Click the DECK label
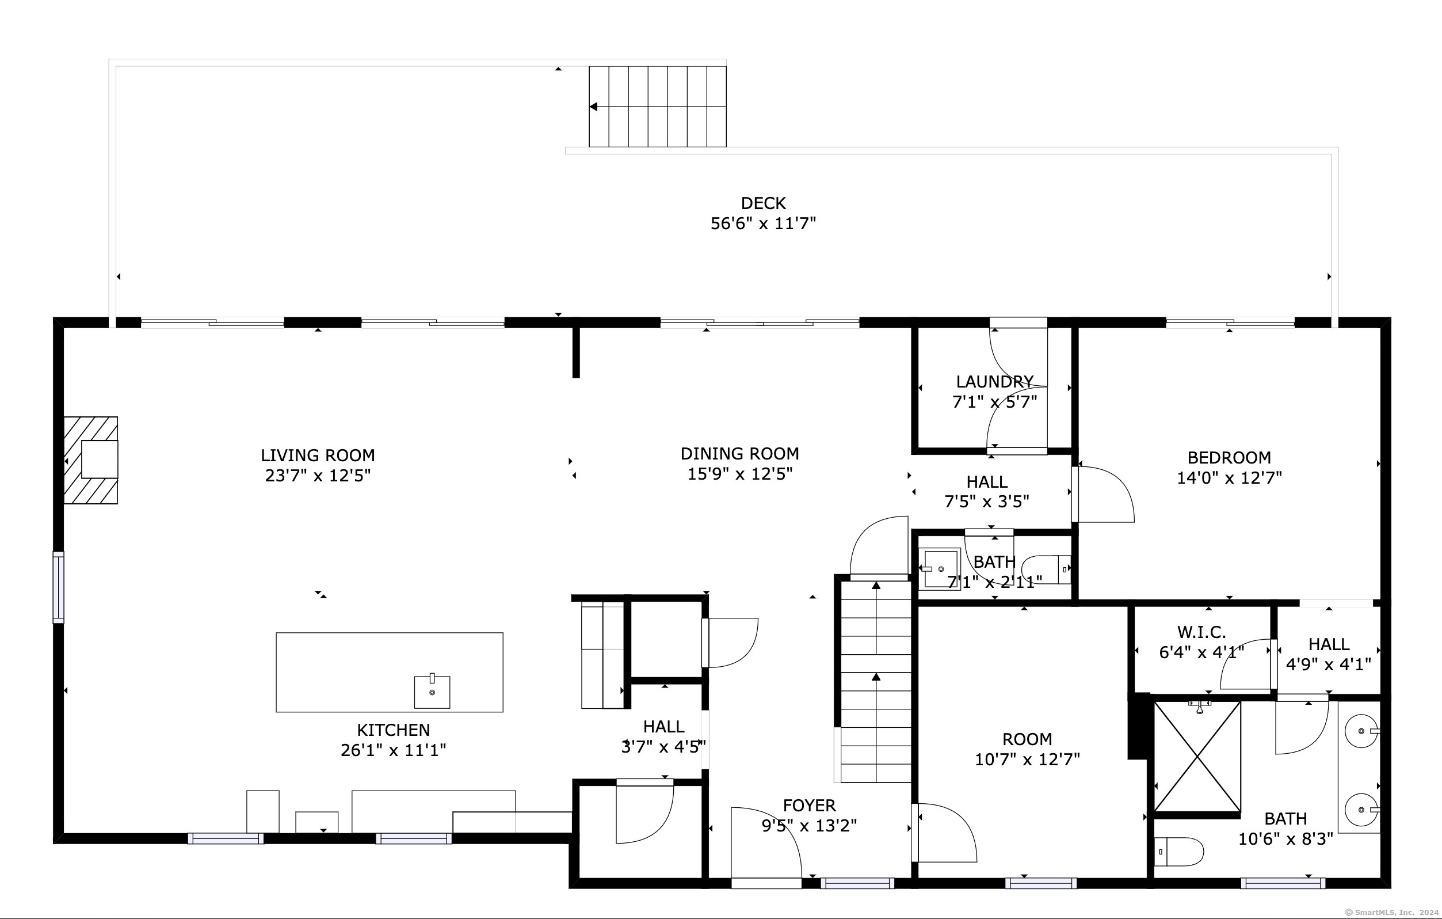coord(763,203)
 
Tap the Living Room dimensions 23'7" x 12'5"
coord(318,476)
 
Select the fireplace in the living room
coord(91,460)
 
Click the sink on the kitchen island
coord(432,692)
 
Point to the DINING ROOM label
coord(739,454)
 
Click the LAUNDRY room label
coord(995,382)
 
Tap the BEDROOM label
coord(1229,458)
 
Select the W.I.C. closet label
coord(1201,632)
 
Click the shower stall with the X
coord(1197,757)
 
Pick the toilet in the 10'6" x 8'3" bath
coord(1178,851)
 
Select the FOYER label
coord(809,806)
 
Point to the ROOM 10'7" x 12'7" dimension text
coord(1027,759)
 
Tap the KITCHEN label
coord(394,730)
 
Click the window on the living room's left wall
coord(58,587)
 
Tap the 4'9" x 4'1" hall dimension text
coord(1328,665)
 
